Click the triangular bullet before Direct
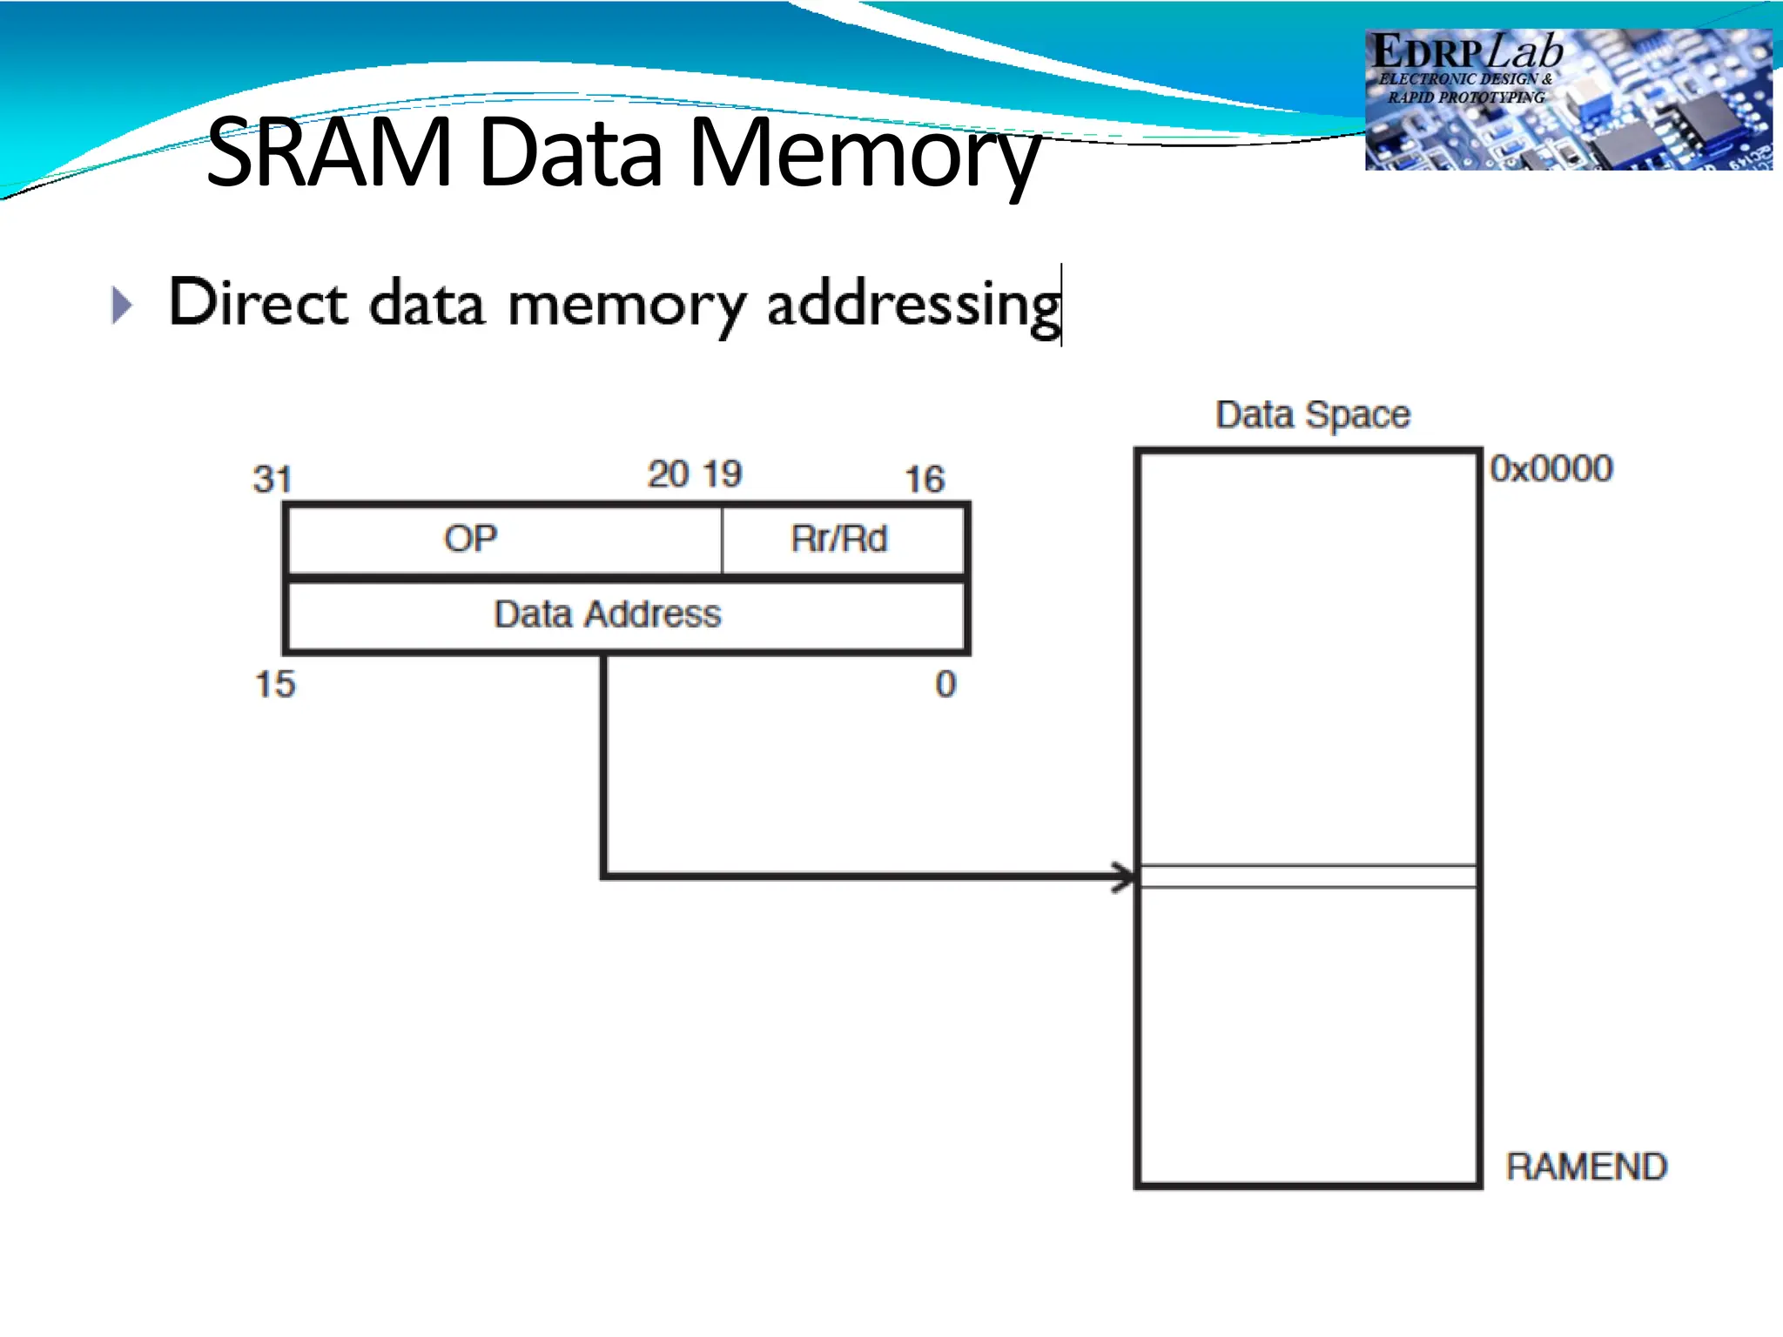click(123, 306)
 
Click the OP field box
click(504, 539)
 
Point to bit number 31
click(272, 479)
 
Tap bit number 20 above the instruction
click(669, 474)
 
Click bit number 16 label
click(924, 479)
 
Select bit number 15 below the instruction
click(274, 684)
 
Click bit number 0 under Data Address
click(945, 684)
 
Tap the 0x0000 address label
click(1551, 468)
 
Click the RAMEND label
click(1585, 1166)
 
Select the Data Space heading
click(1312, 414)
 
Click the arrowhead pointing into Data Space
click(1124, 877)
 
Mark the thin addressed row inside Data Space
click(1308, 877)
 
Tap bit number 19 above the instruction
click(722, 474)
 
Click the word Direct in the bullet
click(259, 303)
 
